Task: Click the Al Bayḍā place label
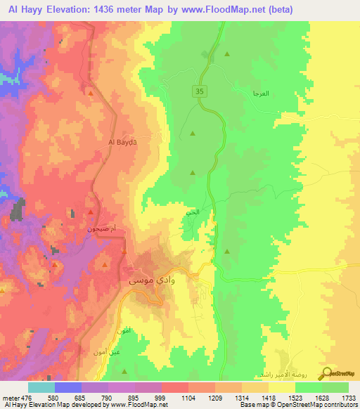coord(122,142)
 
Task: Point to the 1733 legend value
coord(348,397)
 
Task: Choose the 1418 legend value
coord(269,397)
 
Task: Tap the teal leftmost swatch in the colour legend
coord(41,387)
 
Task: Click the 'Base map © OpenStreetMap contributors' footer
coord(297,405)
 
